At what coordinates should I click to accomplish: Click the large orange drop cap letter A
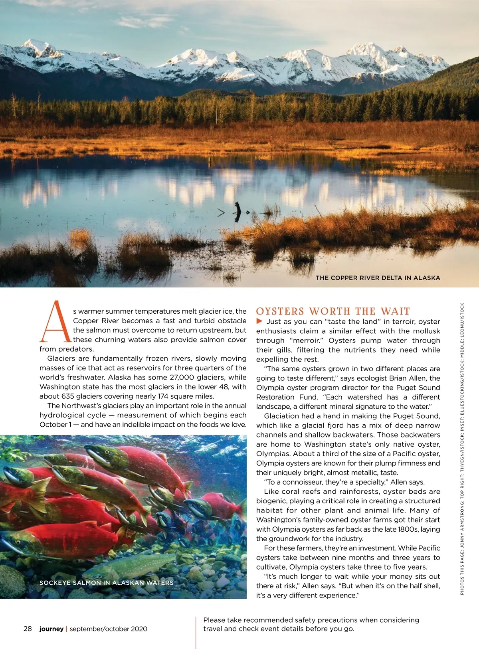click(55, 322)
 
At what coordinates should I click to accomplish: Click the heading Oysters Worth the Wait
click(333, 311)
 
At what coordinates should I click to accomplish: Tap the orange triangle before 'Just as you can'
click(259, 321)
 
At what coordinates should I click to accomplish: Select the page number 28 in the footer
click(28, 629)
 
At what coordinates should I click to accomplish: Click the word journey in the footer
click(51, 629)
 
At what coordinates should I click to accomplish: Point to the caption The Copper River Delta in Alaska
click(378, 278)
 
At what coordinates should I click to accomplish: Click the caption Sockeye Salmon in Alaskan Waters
click(106, 583)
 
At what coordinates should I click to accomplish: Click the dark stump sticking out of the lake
click(238, 212)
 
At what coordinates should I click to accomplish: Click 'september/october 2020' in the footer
click(108, 629)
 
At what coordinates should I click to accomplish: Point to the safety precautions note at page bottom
click(311, 624)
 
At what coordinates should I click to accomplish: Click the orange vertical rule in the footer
click(196, 633)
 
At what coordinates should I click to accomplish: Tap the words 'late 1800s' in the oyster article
click(419, 529)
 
